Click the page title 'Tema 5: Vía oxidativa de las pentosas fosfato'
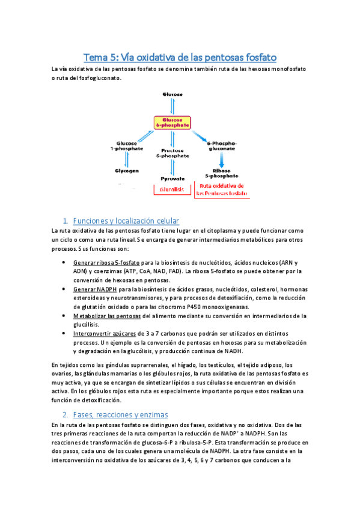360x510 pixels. [x=180, y=58]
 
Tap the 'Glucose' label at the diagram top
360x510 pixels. [x=172, y=94]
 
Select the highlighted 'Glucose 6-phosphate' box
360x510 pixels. [x=172, y=123]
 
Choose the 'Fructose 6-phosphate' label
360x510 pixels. [x=172, y=153]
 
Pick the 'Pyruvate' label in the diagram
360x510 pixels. [x=172, y=179]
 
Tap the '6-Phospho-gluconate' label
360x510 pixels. [x=222, y=146]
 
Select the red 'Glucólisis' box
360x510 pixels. [x=172, y=189]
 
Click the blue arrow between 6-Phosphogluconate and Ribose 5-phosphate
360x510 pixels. [x=221, y=159]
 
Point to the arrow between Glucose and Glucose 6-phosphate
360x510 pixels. [x=172, y=106]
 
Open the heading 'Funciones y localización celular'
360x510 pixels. [x=126, y=221]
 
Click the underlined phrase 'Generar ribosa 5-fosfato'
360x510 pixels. [x=107, y=263]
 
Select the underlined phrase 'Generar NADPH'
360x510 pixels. [x=94, y=289]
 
